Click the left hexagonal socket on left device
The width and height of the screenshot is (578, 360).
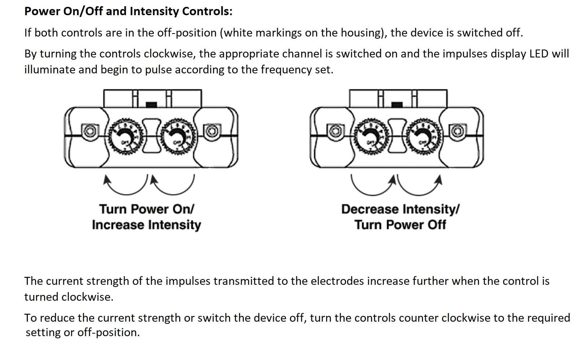89,130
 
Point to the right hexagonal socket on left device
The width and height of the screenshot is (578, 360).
212,130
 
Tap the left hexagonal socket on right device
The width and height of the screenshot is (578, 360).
335,130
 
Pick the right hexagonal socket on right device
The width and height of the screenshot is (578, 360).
457,130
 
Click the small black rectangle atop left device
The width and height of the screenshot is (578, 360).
151,104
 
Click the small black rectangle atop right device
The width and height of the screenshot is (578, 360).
397,104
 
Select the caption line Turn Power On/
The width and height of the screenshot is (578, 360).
146,209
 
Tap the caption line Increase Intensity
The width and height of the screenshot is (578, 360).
146,225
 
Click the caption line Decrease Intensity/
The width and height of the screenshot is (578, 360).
400,209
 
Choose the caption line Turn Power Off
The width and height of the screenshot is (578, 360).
400,225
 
